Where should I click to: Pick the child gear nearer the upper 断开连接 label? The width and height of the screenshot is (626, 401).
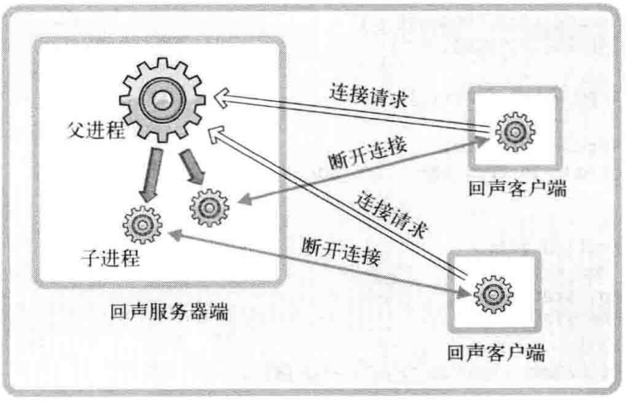point(210,207)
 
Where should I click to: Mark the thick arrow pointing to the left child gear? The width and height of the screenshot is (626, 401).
point(151,173)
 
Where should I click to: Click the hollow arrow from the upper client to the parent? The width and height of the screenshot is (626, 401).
point(351,109)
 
